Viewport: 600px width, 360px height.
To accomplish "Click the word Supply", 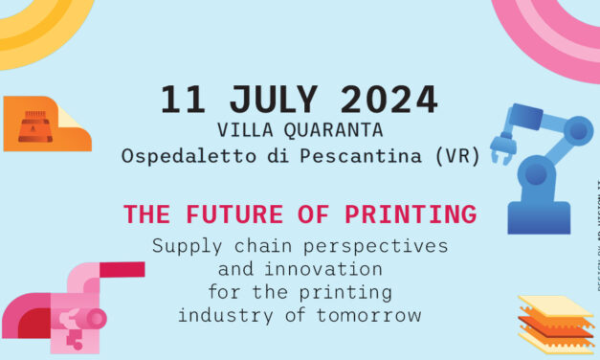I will pyautogui.click(x=182, y=245).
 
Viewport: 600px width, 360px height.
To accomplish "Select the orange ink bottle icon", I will pyautogui.click(x=35, y=125).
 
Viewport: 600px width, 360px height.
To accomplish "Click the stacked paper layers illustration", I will pyautogui.click(x=556, y=323).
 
